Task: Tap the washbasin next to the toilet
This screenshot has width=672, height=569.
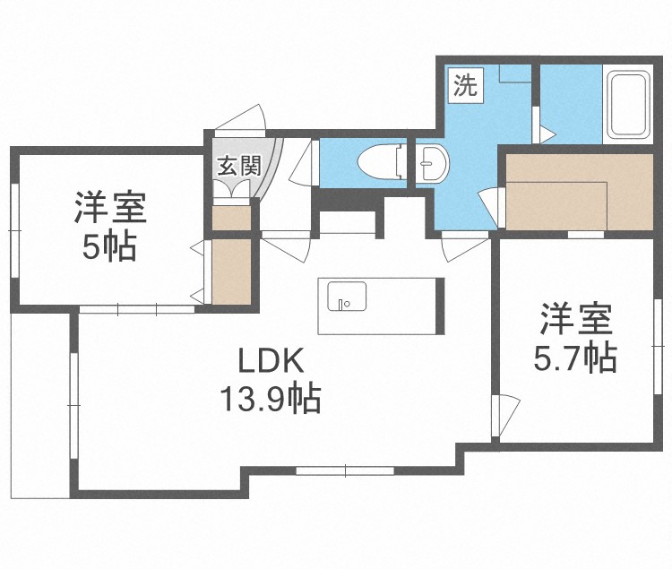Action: tap(431, 163)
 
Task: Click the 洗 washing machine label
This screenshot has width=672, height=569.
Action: tap(464, 87)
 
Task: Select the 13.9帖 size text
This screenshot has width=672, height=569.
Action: tap(271, 399)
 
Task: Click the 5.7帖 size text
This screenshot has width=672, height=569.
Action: tap(575, 358)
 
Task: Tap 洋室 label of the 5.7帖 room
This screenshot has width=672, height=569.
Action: tap(575, 319)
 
